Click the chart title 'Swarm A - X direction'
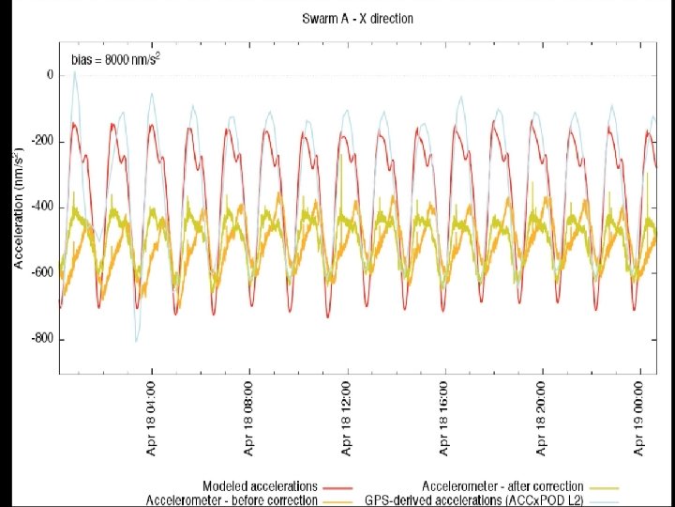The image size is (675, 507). pyautogui.click(x=357, y=19)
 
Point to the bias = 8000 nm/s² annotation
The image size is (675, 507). pyautogui.click(x=116, y=59)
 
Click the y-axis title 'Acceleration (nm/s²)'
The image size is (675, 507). pyautogui.click(x=19, y=208)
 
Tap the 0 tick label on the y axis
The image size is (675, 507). pyautogui.click(x=51, y=75)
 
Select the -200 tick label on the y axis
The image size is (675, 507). pyautogui.click(x=42, y=142)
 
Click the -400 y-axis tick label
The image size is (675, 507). pyautogui.click(x=42, y=207)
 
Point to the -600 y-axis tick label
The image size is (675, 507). pyautogui.click(x=42, y=273)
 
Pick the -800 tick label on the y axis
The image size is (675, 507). pyautogui.click(x=42, y=339)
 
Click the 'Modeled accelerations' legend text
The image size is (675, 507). pyautogui.click(x=260, y=486)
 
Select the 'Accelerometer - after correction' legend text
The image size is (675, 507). pyautogui.click(x=502, y=486)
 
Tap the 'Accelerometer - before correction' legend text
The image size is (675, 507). pyautogui.click(x=232, y=500)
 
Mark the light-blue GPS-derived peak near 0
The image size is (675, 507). pyautogui.click(x=74, y=72)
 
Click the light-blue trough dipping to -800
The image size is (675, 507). pyautogui.click(x=137, y=342)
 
